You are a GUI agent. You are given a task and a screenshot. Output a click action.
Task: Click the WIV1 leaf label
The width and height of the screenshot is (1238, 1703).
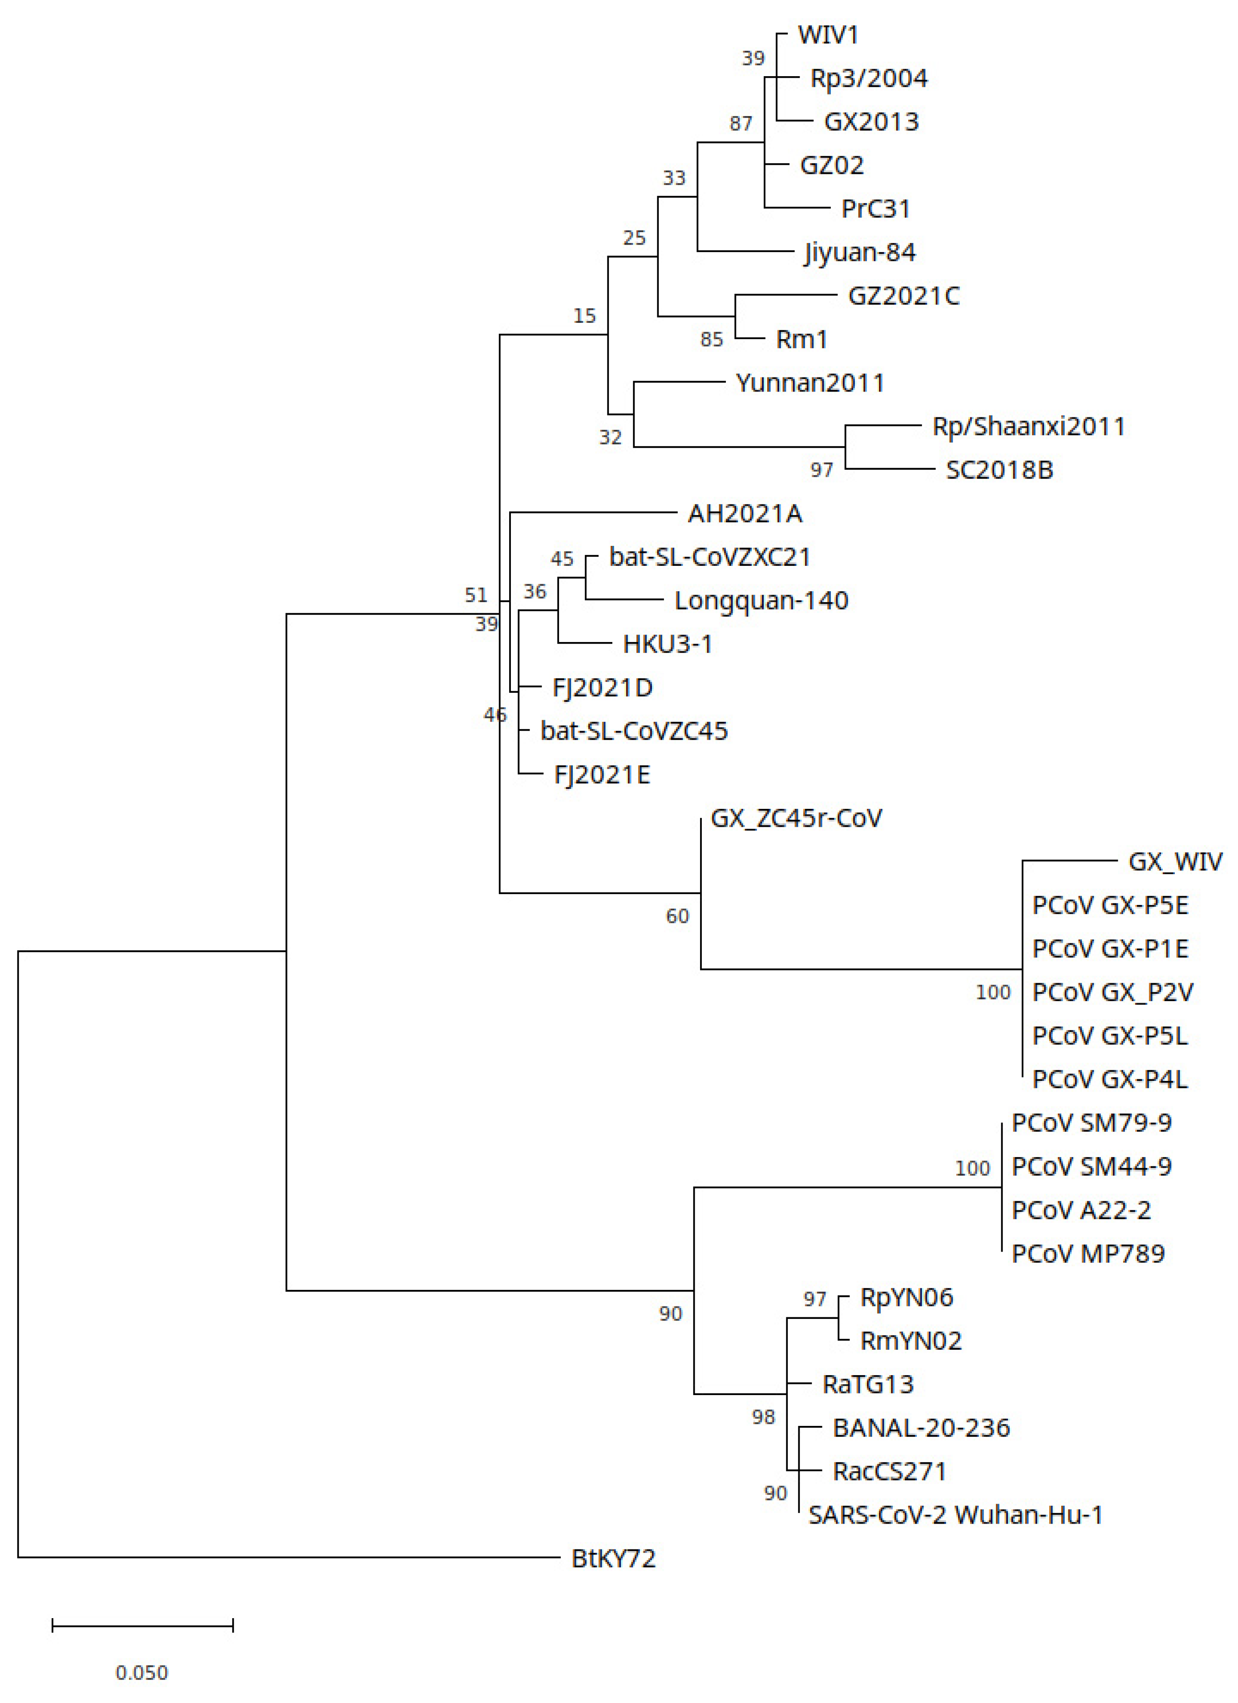click(828, 35)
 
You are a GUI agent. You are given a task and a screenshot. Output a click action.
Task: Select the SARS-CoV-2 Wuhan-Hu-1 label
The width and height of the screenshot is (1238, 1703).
click(955, 1515)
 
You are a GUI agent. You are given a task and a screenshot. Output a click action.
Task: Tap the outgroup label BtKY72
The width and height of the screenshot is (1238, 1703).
click(613, 1558)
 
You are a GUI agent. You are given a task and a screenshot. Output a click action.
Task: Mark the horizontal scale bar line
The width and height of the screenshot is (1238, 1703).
click(143, 1626)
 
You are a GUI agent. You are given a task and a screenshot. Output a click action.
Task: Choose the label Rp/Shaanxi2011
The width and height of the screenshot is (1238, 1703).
click(1028, 426)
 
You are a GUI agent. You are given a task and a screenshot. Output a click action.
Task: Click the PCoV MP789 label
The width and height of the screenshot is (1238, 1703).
click(1088, 1253)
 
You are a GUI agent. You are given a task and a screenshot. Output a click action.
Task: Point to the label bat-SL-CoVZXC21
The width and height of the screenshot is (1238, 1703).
click(709, 557)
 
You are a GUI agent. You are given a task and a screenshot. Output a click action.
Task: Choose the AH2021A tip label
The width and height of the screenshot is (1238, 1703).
click(745, 513)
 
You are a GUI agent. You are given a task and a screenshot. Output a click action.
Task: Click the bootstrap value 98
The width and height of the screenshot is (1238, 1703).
click(763, 1417)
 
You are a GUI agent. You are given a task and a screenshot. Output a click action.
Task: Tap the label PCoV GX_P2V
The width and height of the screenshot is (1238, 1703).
click(1112, 992)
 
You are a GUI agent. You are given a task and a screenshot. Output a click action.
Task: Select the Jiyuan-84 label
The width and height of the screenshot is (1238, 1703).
click(859, 252)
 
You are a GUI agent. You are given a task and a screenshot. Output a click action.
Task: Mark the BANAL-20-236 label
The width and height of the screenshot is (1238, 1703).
click(921, 1428)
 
